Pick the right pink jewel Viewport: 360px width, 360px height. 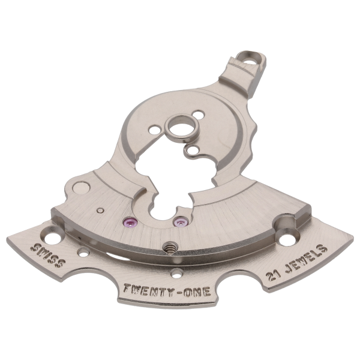177,223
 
